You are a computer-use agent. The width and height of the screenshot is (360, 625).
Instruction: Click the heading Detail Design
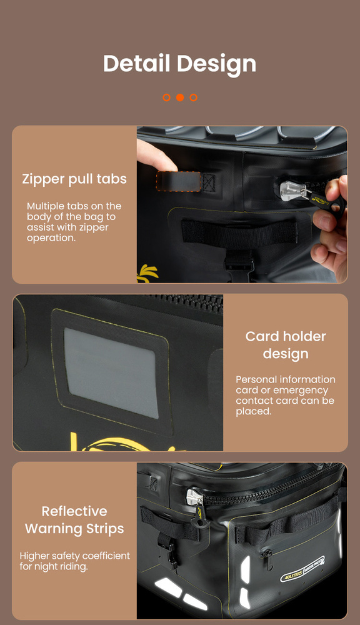click(x=180, y=64)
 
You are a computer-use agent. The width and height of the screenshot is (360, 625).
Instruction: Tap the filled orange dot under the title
click(x=180, y=97)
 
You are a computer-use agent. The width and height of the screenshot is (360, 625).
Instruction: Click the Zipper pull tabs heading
click(x=74, y=179)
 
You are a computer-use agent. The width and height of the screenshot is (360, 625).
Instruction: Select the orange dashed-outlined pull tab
click(x=178, y=181)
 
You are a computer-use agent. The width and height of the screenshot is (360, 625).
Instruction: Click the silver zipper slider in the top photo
click(x=293, y=191)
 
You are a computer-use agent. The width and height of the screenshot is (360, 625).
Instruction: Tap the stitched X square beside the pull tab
click(x=208, y=182)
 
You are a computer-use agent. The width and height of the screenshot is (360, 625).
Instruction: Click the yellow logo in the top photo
click(x=147, y=273)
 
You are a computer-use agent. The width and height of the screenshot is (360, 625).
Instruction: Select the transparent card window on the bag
click(x=111, y=372)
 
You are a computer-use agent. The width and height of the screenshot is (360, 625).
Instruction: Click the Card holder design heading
click(x=286, y=345)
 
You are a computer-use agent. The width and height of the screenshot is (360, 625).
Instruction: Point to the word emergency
click(x=301, y=390)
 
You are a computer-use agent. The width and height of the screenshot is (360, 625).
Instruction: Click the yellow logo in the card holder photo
click(x=119, y=442)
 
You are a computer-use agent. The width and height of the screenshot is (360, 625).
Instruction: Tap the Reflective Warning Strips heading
click(x=74, y=520)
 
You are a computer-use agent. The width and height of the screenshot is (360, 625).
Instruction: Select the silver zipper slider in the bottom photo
click(x=195, y=498)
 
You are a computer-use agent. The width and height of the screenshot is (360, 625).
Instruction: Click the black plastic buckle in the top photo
click(x=239, y=264)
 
